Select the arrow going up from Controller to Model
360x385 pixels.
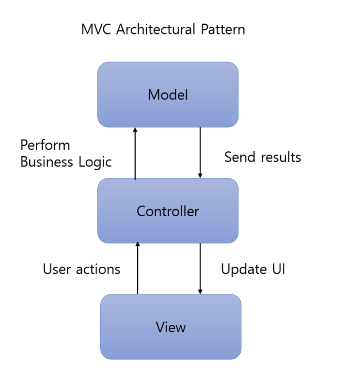[135, 153]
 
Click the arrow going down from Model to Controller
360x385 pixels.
[200, 153]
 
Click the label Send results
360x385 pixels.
[263, 157]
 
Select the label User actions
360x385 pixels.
[81, 269]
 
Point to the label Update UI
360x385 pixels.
[253, 269]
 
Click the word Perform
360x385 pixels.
[45, 145]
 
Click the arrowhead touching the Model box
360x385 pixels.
[135, 130]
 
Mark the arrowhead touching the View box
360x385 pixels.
[200, 291]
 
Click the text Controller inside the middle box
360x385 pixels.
[168, 211]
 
